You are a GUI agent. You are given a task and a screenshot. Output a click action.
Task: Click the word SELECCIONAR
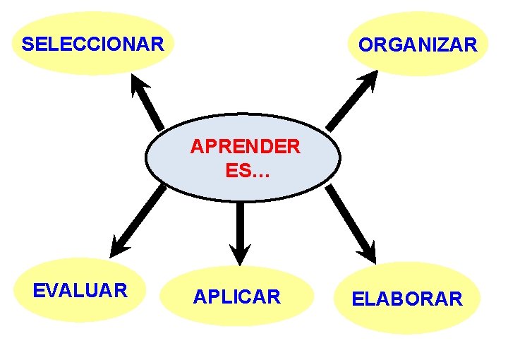(92, 44)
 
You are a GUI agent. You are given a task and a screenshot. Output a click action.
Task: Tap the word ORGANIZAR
(418, 45)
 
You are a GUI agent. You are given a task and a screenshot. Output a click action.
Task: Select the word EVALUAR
(80, 290)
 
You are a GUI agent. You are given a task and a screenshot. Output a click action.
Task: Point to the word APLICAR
(237, 297)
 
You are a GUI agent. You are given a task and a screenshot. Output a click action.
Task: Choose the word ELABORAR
(407, 299)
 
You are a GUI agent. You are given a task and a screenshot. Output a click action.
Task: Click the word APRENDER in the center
(245, 147)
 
